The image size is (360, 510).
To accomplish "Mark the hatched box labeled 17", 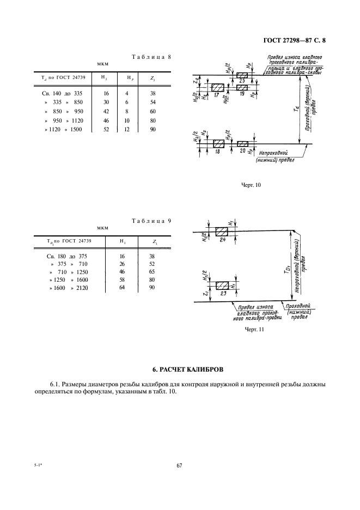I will click(218, 88).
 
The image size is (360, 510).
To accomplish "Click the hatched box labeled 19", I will click(241, 87).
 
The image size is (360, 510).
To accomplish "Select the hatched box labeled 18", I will click(218, 143).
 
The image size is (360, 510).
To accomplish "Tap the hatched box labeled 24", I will click(222, 231).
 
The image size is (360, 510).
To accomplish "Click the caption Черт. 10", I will click(251, 185).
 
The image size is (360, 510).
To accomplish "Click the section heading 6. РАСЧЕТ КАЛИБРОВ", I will click(180, 371).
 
